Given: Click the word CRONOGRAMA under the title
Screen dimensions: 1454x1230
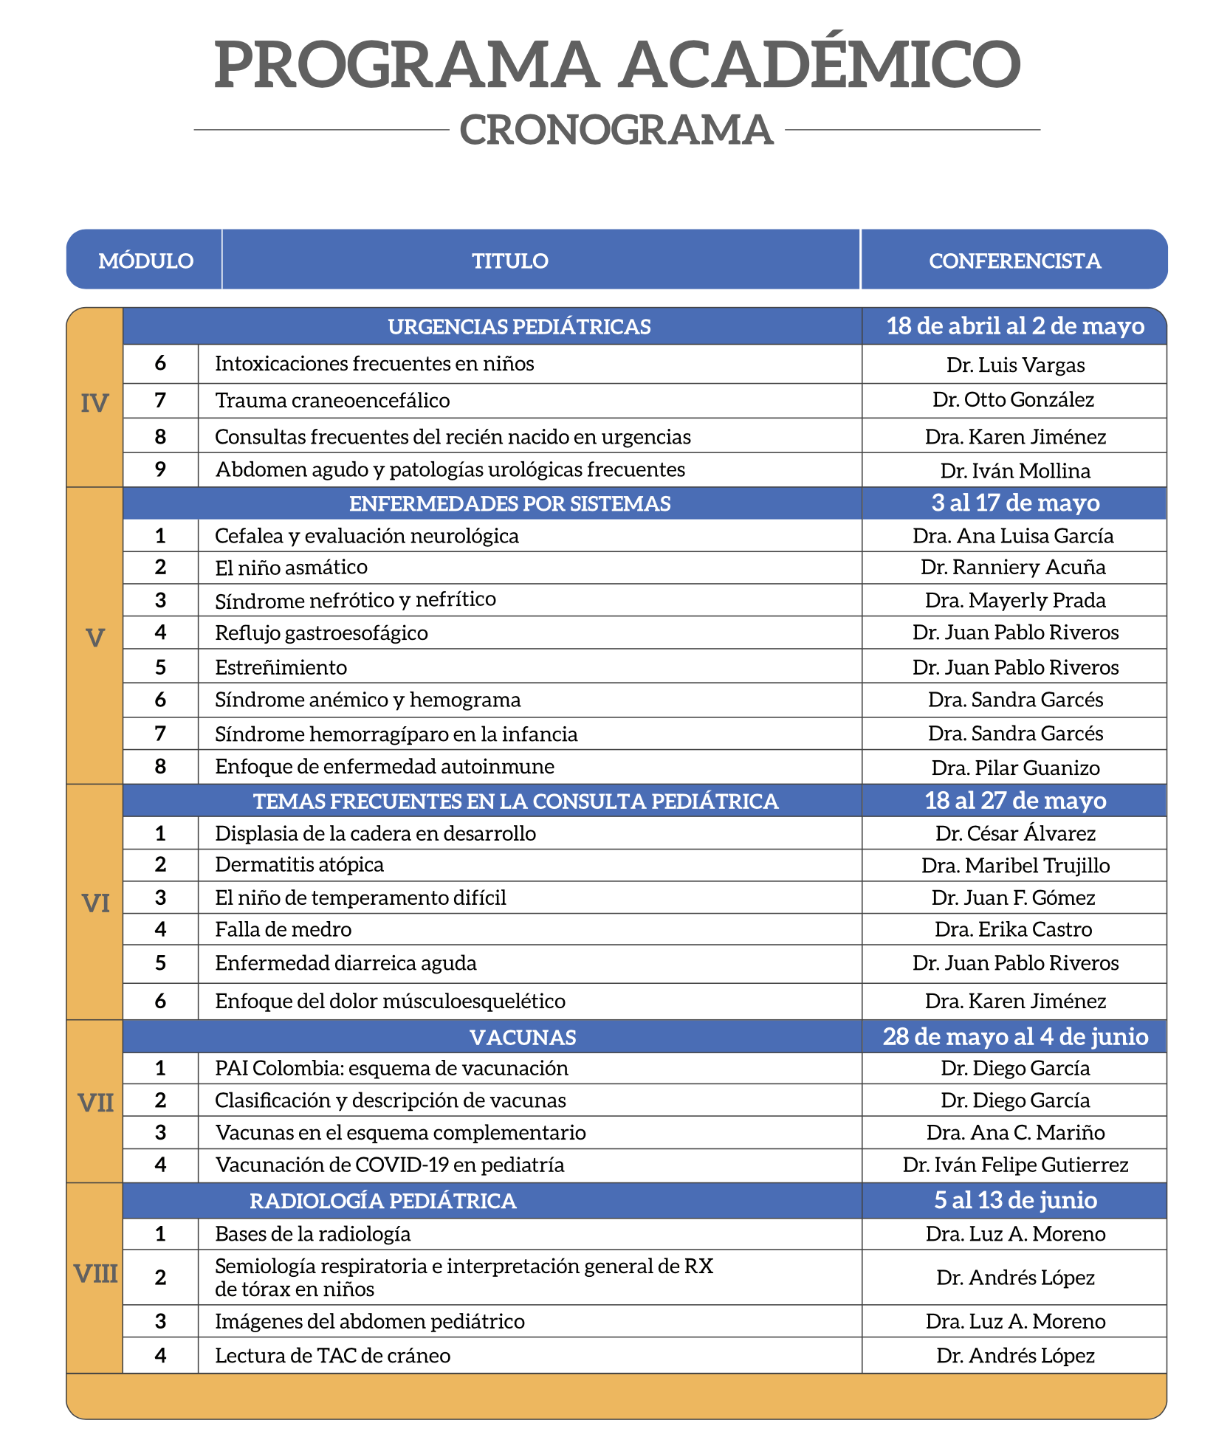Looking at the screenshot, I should coord(616,130).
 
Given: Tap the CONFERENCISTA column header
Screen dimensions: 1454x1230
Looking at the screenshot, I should coord(1014,261).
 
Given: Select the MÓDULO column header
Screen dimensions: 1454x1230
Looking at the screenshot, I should coord(145,261).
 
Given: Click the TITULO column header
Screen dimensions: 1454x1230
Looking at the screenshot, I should coord(510,261).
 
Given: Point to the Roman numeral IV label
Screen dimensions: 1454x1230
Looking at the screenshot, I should coord(95,403).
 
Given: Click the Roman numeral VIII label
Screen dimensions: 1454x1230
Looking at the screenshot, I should coord(95,1273).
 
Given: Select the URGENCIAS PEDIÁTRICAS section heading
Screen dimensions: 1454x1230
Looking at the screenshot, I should coord(519,326).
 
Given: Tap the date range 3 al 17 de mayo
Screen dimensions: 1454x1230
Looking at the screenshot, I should coord(1015,503).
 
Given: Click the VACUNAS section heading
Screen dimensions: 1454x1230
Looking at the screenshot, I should coord(523,1037).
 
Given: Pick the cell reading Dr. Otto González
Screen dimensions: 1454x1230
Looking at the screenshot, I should coord(1013,400).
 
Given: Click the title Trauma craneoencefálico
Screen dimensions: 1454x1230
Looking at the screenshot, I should coord(332,400).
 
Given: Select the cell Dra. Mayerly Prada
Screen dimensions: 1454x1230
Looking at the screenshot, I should coord(1015,600).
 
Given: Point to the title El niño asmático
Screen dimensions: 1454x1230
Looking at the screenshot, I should coord(291,567).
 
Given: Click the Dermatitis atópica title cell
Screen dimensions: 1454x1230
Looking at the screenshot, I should coord(299,864).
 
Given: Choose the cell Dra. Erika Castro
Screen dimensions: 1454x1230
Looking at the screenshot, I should coord(1013,929).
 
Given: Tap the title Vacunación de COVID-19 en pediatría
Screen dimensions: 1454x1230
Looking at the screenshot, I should coord(390,1165).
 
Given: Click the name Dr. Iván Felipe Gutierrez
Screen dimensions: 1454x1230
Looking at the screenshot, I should coord(1015,1165).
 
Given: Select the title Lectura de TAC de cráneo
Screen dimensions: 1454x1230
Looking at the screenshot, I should coord(332,1355).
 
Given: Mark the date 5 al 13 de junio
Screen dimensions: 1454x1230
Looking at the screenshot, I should coord(1015,1200).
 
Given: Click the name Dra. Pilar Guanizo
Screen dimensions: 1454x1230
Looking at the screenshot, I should coord(1015,768).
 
